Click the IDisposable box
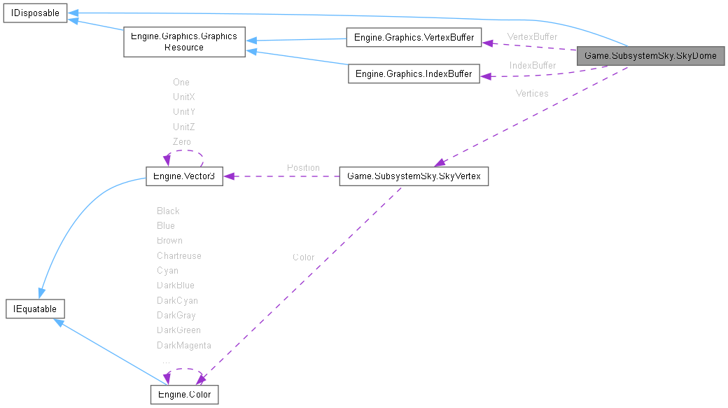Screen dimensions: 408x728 click(34, 13)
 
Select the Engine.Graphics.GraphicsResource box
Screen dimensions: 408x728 click(183, 42)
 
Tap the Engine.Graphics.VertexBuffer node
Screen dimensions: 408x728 click(414, 37)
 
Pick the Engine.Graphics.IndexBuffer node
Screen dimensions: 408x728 click(414, 73)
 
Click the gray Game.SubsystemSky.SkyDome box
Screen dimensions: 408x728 click(650, 55)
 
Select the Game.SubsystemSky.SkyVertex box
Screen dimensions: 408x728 click(414, 176)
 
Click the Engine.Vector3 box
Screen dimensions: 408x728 click(183, 176)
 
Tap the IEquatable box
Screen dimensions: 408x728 click(35, 309)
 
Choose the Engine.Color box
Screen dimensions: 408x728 click(185, 395)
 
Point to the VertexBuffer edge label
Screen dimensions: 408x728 click(532, 36)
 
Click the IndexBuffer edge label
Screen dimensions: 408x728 click(532, 65)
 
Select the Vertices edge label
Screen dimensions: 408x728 click(532, 93)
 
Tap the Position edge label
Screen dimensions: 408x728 click(303, 167)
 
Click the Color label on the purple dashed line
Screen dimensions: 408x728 click(303, 258)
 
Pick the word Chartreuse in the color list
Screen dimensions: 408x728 click(178, 255)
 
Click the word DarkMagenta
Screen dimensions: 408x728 click(183, 345)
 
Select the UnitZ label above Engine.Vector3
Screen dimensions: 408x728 click(183, 127)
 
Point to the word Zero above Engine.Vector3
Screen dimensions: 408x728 click(181, 141)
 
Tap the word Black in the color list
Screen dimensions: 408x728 click(168, 211)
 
